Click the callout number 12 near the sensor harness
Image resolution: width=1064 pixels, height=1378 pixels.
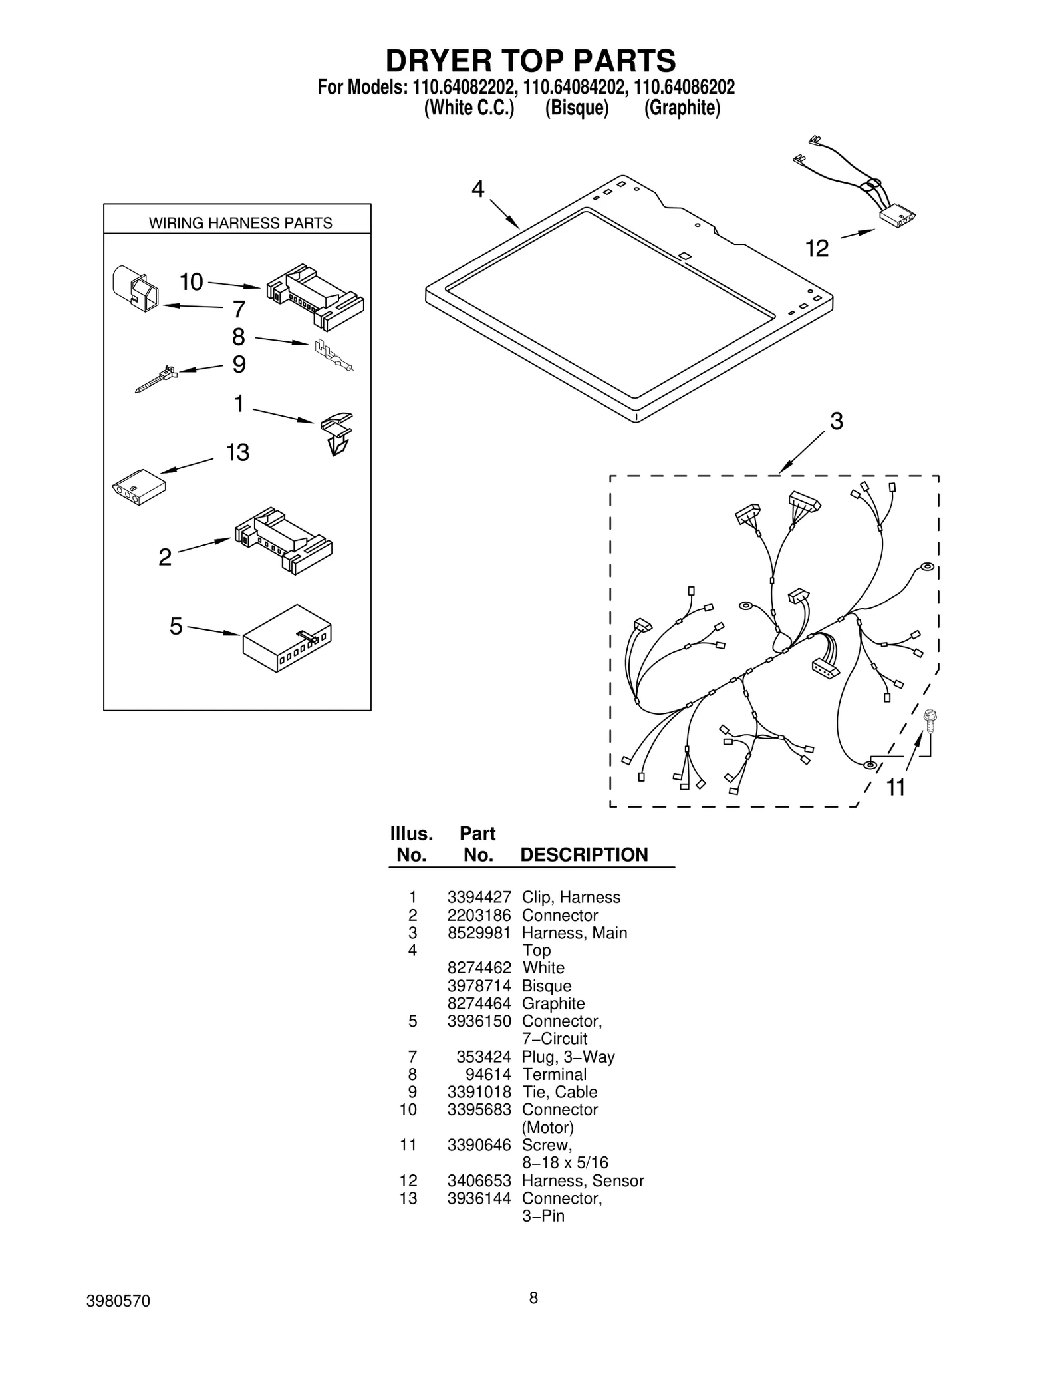tap(817, 249)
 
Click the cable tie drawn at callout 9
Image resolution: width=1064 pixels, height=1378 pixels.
tap(156, 379)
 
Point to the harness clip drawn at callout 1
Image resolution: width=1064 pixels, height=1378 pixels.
tap(337, 433)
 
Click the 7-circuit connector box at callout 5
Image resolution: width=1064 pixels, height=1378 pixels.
tap(287, 639)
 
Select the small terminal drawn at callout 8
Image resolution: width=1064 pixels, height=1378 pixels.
tap(333, 356)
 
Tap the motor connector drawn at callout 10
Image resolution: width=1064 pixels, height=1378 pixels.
tap(315, 297)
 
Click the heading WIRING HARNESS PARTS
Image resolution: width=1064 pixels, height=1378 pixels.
tap(240, 223)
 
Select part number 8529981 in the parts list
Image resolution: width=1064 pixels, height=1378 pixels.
tap(479, 932)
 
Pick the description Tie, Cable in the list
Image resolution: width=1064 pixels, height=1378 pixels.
tap(559, 1092)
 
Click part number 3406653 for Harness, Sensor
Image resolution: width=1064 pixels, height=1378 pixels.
tap(479, 1180)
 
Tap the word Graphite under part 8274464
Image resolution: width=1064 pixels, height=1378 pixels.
tap(553, 1003)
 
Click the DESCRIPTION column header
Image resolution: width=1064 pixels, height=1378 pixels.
tap(584, 855)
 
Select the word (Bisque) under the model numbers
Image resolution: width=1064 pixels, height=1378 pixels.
tap(577, 108)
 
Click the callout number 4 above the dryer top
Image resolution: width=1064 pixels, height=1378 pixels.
tap(477, 190)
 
